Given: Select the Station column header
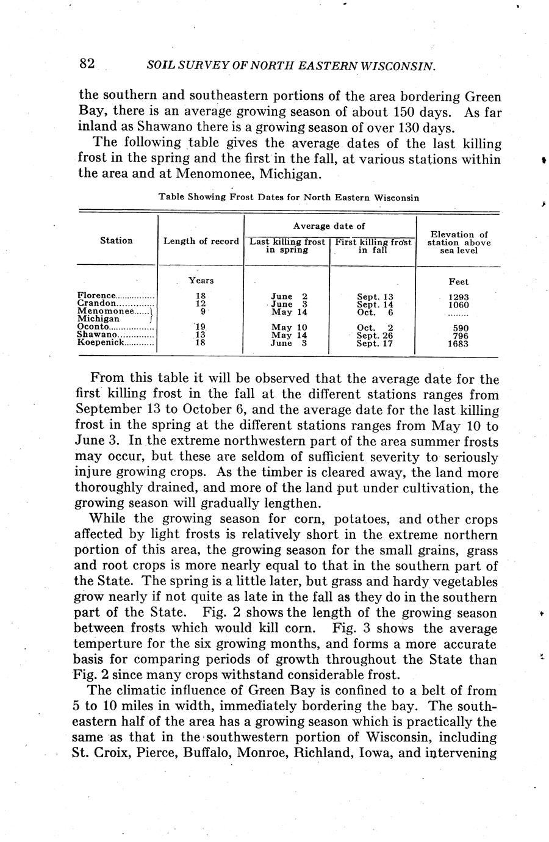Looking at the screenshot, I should click(x=116, y=240).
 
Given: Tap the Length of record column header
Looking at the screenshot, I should click(x=201, y=241).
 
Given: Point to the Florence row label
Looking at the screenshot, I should click(x=96, y=296).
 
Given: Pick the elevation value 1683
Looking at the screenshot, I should click(x=458, y=344).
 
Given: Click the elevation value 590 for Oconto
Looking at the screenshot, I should click(x=458, y=328).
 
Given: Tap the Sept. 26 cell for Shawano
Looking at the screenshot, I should click(x=375, y=336).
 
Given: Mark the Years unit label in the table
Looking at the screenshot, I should click(x=201, y=280).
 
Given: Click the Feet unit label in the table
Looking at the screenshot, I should click(x=458, y=282).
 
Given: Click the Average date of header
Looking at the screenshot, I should click(x=329, y=226).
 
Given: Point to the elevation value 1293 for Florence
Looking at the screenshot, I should click(x=458, y=297).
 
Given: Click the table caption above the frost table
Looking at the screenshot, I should click(x=289, y=197).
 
